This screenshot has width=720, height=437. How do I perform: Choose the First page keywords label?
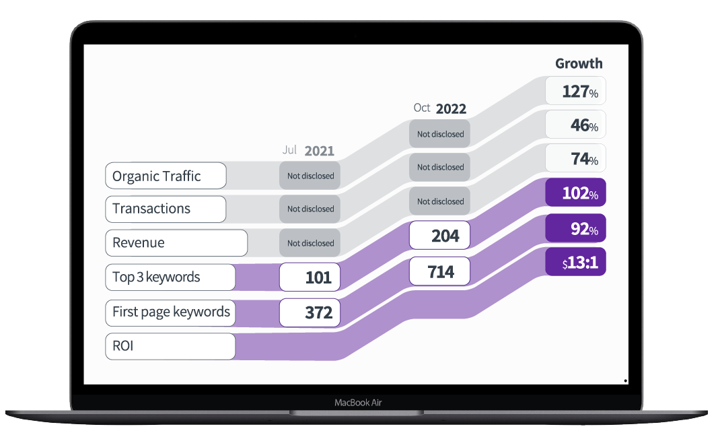click(171, 312)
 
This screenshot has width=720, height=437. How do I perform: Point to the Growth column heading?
click(579, 63)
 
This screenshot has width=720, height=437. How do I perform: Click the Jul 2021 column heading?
click(308, 150)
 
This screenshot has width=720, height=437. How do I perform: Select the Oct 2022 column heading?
click(440, 108)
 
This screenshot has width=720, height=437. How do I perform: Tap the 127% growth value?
click(575, 91)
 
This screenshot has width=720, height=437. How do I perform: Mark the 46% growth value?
click(575, 125)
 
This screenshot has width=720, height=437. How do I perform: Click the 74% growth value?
click(575, 159)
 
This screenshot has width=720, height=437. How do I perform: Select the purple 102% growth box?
click(575, 193)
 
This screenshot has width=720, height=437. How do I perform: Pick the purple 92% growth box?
click(575, 228)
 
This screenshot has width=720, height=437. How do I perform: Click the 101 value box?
click(310, 277)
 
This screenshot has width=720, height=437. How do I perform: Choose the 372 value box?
click(310, 312)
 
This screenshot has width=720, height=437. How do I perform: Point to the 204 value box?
click(439, 236)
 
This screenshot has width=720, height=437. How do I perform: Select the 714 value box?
click(439, 271)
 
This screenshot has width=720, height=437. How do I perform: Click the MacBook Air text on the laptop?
click(359, 403)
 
